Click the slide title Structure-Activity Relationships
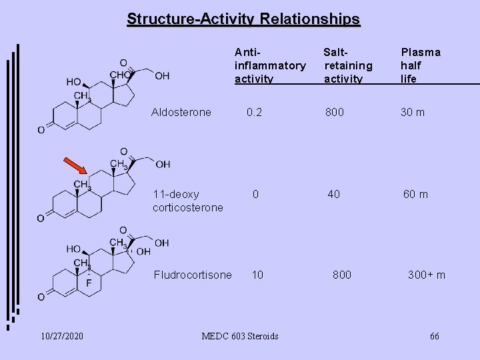[243, 19]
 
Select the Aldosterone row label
[182, 112]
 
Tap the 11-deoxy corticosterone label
[187, 201]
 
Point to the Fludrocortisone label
[193, 275]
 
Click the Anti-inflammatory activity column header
[269, 65]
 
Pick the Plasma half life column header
[420, 65]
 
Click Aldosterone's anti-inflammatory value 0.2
[254, 112]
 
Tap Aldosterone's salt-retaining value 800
[335, 112]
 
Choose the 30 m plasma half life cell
[412, 112]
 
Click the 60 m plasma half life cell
[415, 194]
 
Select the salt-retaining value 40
[333, 194]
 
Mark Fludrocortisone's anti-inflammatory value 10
[256, 275]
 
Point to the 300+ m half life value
[427, 275]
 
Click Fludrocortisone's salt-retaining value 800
[342, 275]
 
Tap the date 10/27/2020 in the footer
[61, 335]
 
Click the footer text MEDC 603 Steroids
[239, 335]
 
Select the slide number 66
[434, 335]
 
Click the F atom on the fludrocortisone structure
[89, 283]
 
